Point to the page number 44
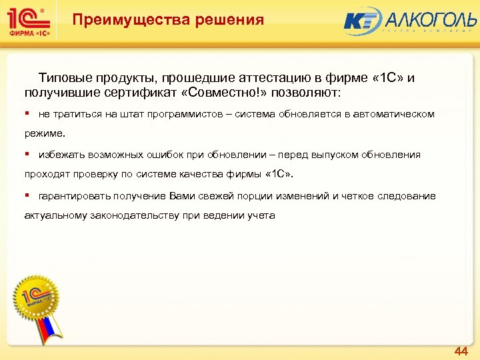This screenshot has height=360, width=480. [x=461, y=351]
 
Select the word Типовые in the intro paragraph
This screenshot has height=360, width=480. [x=65, y=77]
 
